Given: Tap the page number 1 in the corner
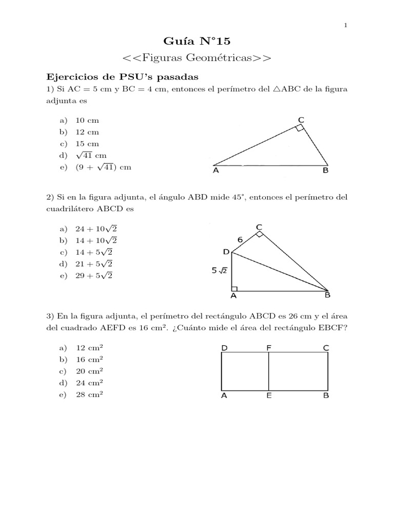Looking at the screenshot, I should [346, 25].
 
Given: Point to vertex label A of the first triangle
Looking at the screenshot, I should [215, 172].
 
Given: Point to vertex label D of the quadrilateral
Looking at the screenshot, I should [226, 251].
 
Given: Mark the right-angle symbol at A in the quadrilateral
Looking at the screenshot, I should [234, 289].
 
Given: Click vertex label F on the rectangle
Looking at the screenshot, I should [268, 348].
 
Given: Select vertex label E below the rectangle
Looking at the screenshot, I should [269, 396].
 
